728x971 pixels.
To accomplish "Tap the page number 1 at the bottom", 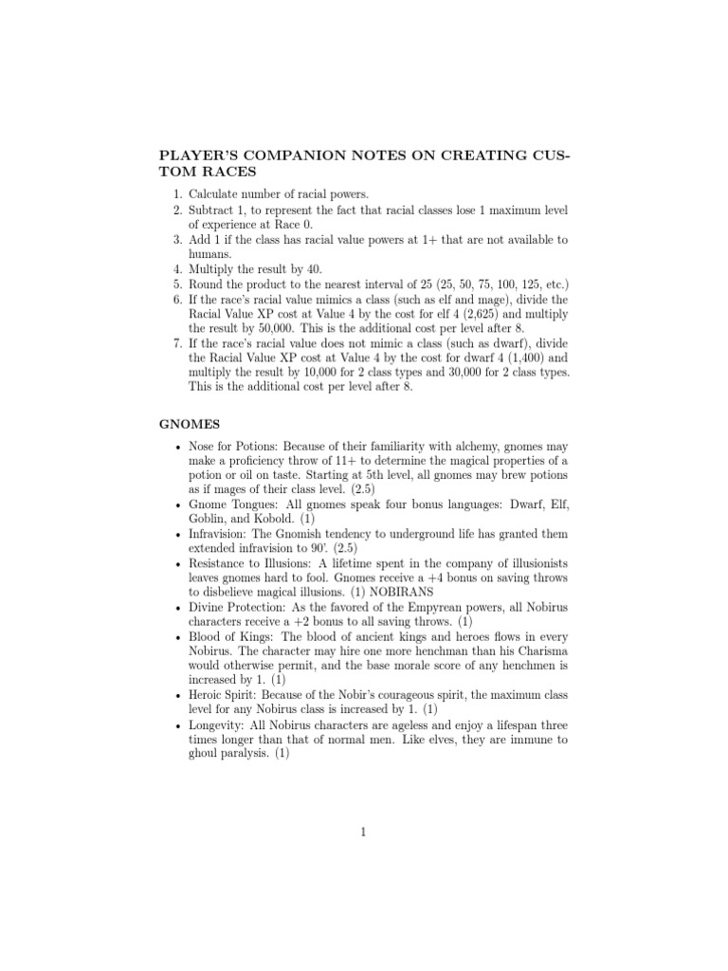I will [x=363, y=832].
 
